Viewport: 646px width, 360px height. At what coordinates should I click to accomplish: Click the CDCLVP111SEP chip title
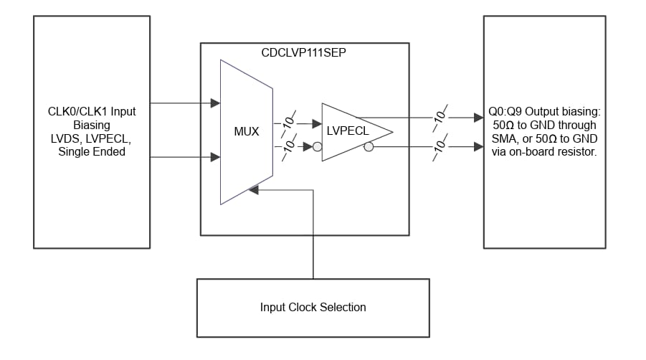(x=304, y=53)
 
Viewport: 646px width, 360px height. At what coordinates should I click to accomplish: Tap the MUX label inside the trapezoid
(x=246, y=132)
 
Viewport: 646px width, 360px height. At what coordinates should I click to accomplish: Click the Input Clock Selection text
(x=313, y=308)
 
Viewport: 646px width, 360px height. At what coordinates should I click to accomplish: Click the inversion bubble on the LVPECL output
(x=369, y=147)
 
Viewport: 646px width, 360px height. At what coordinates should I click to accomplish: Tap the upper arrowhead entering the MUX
(x=215, y=103)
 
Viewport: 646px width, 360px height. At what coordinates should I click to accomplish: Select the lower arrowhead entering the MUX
(x=215, y=157)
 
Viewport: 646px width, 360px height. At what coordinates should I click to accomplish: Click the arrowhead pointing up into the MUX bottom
(x=253, y=189)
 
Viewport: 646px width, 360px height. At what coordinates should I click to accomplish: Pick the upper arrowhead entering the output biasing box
(x=478, y=116)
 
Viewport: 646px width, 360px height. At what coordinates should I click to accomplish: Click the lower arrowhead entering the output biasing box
(x=478, y=147)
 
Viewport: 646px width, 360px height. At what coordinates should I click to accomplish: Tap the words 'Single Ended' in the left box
(x=91, y=151)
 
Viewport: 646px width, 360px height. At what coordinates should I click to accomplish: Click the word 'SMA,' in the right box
(x=505, y=138)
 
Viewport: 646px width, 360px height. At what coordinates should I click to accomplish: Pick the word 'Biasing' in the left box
(x=91, y=125)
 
